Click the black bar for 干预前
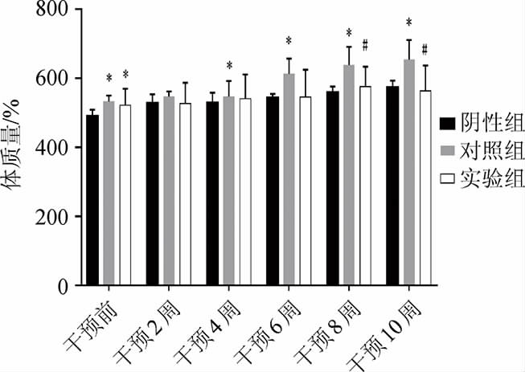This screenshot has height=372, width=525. pos(92,200)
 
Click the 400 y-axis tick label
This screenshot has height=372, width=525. pos(51,148)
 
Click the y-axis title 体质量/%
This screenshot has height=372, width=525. pos(17,148)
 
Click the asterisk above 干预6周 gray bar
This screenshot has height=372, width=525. pos(289,41)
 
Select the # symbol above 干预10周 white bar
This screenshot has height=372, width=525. pos(425,48)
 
